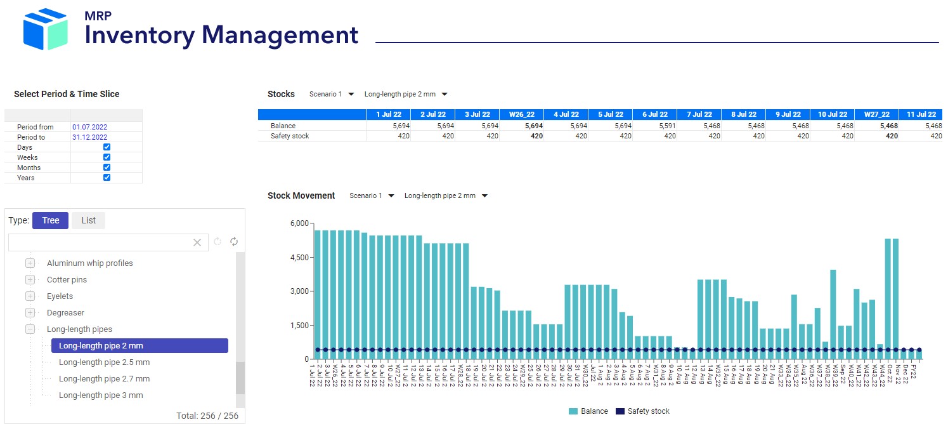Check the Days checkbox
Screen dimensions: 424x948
[x=107, y=147]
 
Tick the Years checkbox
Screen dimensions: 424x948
[x=107, y=178]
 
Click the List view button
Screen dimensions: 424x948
[x=88, y=220]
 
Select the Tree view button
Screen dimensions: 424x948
[x=50, y=220]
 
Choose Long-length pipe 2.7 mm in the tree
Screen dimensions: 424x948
[x=104, y=379]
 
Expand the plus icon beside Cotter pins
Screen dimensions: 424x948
[x=30, y=280]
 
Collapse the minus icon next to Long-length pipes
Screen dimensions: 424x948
[x=30, y=329]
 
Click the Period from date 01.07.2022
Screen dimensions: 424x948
[x=89, y=127]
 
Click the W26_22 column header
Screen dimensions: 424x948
[x=521, y=114]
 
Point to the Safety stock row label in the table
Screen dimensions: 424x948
[x=290, y=136]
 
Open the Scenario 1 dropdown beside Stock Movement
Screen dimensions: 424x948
[x=372, y=195]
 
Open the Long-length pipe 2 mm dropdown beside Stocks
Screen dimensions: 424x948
[x=406, y=94]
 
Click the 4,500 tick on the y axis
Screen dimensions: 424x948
[x=299, y=258]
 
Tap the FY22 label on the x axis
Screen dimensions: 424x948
[x=913, y=372]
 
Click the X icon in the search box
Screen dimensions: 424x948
[x=197, y=242]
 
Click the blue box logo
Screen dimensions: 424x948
[x=44, y=30]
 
